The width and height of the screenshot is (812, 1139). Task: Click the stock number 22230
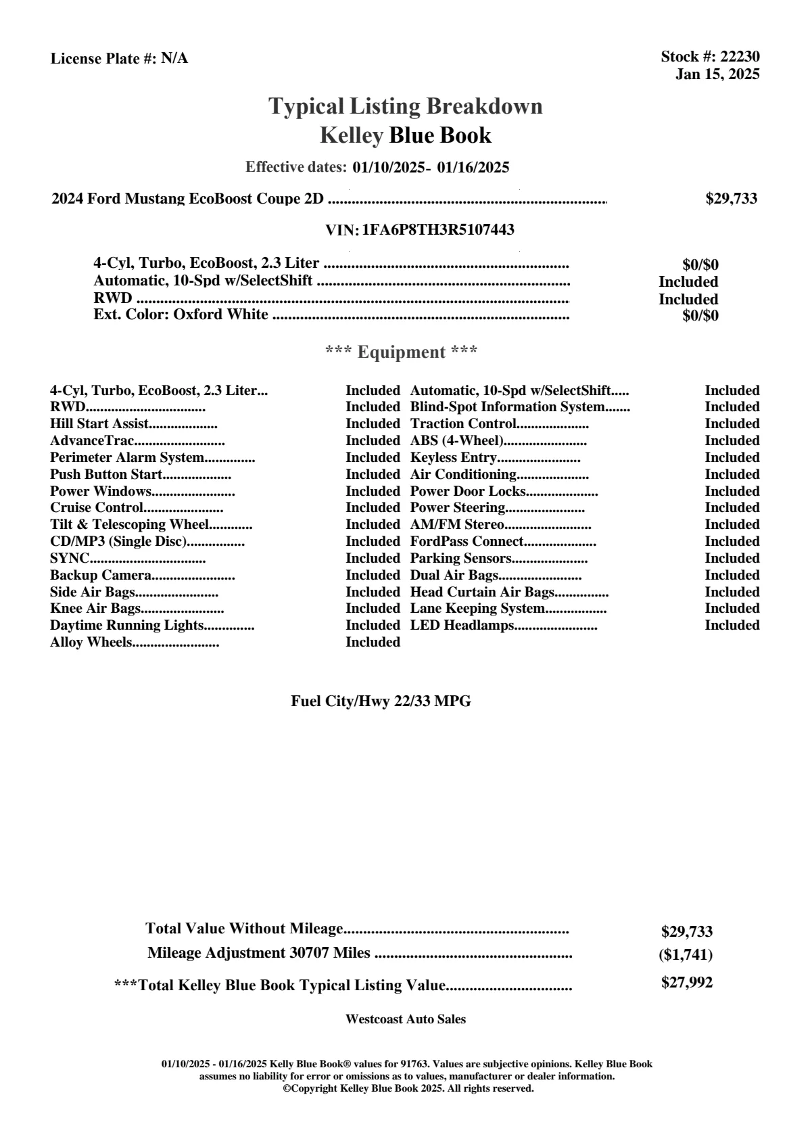(x=740, y=57)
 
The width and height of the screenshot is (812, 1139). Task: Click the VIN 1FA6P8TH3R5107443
(x=438, y=230)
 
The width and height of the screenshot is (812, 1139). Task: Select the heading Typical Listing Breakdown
(x=406, y=106)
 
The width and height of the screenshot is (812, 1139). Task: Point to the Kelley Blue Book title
(x=406, y=135)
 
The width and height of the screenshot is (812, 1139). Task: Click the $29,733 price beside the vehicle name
(x=731, y=199)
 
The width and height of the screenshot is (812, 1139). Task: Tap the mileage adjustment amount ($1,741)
(x=686, y=955)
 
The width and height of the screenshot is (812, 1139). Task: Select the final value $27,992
(x=686, y=983)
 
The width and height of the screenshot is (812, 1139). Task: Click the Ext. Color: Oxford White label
(x=181, y=315)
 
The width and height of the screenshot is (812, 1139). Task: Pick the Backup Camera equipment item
(x=101, y=576)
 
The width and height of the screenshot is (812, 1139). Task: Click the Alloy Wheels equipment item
(x=91, y=643)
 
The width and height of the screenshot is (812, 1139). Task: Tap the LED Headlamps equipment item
(x=462, y=626)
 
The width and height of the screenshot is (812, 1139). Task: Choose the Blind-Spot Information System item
(x=507, y=407)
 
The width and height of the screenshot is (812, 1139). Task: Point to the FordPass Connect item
(x=467, y=542)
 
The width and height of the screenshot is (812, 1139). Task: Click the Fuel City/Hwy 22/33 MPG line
(x=381, y=701)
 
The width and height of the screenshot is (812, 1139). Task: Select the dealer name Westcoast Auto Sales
(x=405, y=1019)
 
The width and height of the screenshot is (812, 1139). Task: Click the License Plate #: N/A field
(x=119, y=59)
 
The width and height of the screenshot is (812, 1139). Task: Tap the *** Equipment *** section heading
(x=402, y=352)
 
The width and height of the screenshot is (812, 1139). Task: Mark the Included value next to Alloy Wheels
(x=373, y=643)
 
